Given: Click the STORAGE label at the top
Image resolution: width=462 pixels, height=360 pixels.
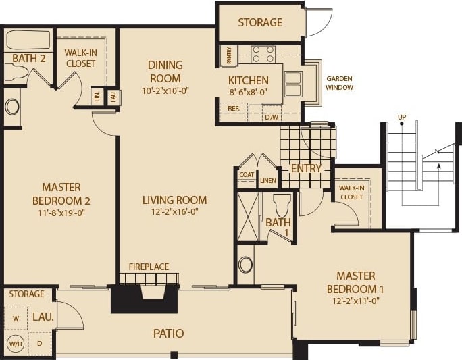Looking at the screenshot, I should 260,22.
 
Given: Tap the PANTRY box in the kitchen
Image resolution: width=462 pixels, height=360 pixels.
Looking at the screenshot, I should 230,55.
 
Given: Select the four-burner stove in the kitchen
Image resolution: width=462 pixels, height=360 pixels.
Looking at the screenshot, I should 263,54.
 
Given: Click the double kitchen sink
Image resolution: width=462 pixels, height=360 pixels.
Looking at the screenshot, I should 293,84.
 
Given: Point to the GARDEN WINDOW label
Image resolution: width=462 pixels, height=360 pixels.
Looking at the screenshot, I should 339,82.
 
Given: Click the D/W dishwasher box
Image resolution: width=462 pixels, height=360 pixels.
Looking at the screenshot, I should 272,117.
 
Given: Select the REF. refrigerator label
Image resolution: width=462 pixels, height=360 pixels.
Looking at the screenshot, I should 234,108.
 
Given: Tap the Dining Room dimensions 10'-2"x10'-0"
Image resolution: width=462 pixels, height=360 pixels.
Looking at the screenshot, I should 165,91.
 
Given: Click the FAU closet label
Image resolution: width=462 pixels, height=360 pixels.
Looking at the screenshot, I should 113,97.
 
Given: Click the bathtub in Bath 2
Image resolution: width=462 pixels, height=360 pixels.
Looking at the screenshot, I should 28,40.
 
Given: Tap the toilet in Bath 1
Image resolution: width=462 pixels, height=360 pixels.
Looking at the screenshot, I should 282,203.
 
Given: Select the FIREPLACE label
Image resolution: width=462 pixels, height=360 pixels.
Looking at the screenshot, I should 148,267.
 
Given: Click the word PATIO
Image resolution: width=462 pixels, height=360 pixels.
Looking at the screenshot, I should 168,333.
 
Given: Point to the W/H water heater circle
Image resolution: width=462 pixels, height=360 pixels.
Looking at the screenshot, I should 15,343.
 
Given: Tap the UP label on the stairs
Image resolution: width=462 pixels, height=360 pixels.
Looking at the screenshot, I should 402,118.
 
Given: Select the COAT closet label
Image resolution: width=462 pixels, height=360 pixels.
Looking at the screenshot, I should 246,174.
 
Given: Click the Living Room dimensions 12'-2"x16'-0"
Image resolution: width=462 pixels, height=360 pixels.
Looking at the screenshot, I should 174,213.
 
